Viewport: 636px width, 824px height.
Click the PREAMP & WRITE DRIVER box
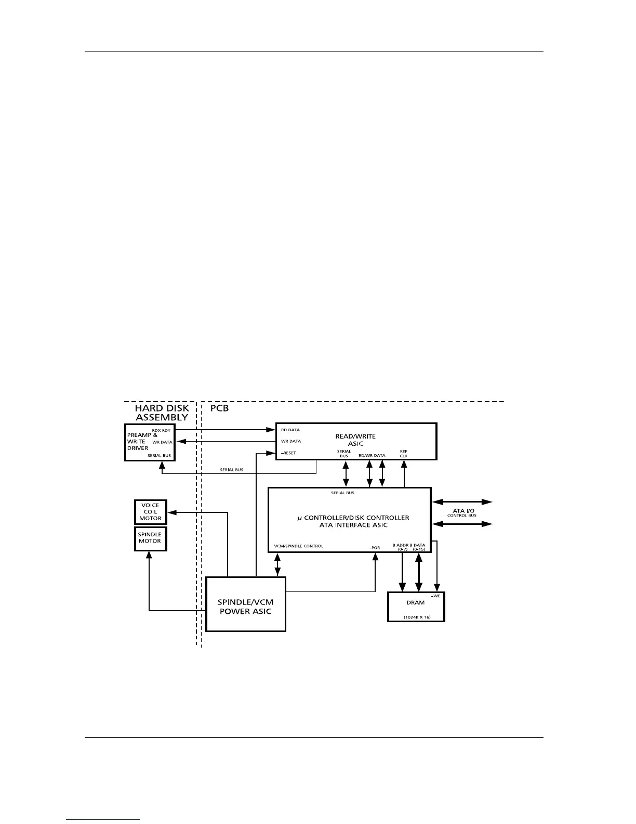tap(149, 442)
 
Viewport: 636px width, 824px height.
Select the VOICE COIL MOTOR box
tap(150, 512)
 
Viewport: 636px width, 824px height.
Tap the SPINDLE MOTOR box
tap(150, 538)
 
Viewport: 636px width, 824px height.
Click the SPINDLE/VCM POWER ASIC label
tap(245, 607)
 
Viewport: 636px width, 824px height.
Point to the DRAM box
tap(416, 606)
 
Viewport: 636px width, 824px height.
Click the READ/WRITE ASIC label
tap(355, 440)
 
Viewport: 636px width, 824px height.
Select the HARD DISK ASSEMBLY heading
tap(162, 413)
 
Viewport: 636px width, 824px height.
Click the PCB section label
tap(219, 408)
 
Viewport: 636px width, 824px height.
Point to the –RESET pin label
tap(288, 453)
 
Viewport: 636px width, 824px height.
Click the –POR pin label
tap(374, 548)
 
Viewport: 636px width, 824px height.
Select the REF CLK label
tap(404, 454)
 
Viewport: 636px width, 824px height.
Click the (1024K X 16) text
tap(417, 617)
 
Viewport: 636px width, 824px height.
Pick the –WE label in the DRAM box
tap(435, 596)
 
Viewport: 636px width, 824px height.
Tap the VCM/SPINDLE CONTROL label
tap(299, 546)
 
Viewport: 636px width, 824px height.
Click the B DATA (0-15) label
tap(418, 547)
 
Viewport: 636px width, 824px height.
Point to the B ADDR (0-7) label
tap(401, 547)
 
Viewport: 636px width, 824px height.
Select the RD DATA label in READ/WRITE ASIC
tap(290, 430)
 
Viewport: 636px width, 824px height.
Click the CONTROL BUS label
tap(462, 516)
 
